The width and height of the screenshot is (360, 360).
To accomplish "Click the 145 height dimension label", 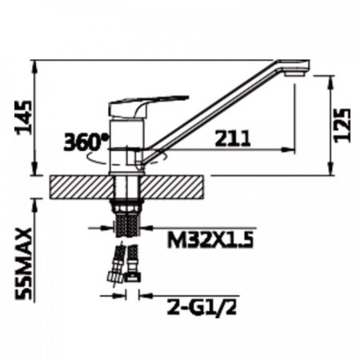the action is tap(24, 118).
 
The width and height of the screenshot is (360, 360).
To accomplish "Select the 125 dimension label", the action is tap(342, 125).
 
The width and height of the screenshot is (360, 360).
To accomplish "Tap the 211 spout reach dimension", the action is tap(233, 138).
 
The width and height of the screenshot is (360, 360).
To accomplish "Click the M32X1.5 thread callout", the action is tap(210, 239).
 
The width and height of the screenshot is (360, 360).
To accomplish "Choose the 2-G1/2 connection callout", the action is tap(202, 307).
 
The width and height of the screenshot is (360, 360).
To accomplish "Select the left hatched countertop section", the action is tap(82, 187).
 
